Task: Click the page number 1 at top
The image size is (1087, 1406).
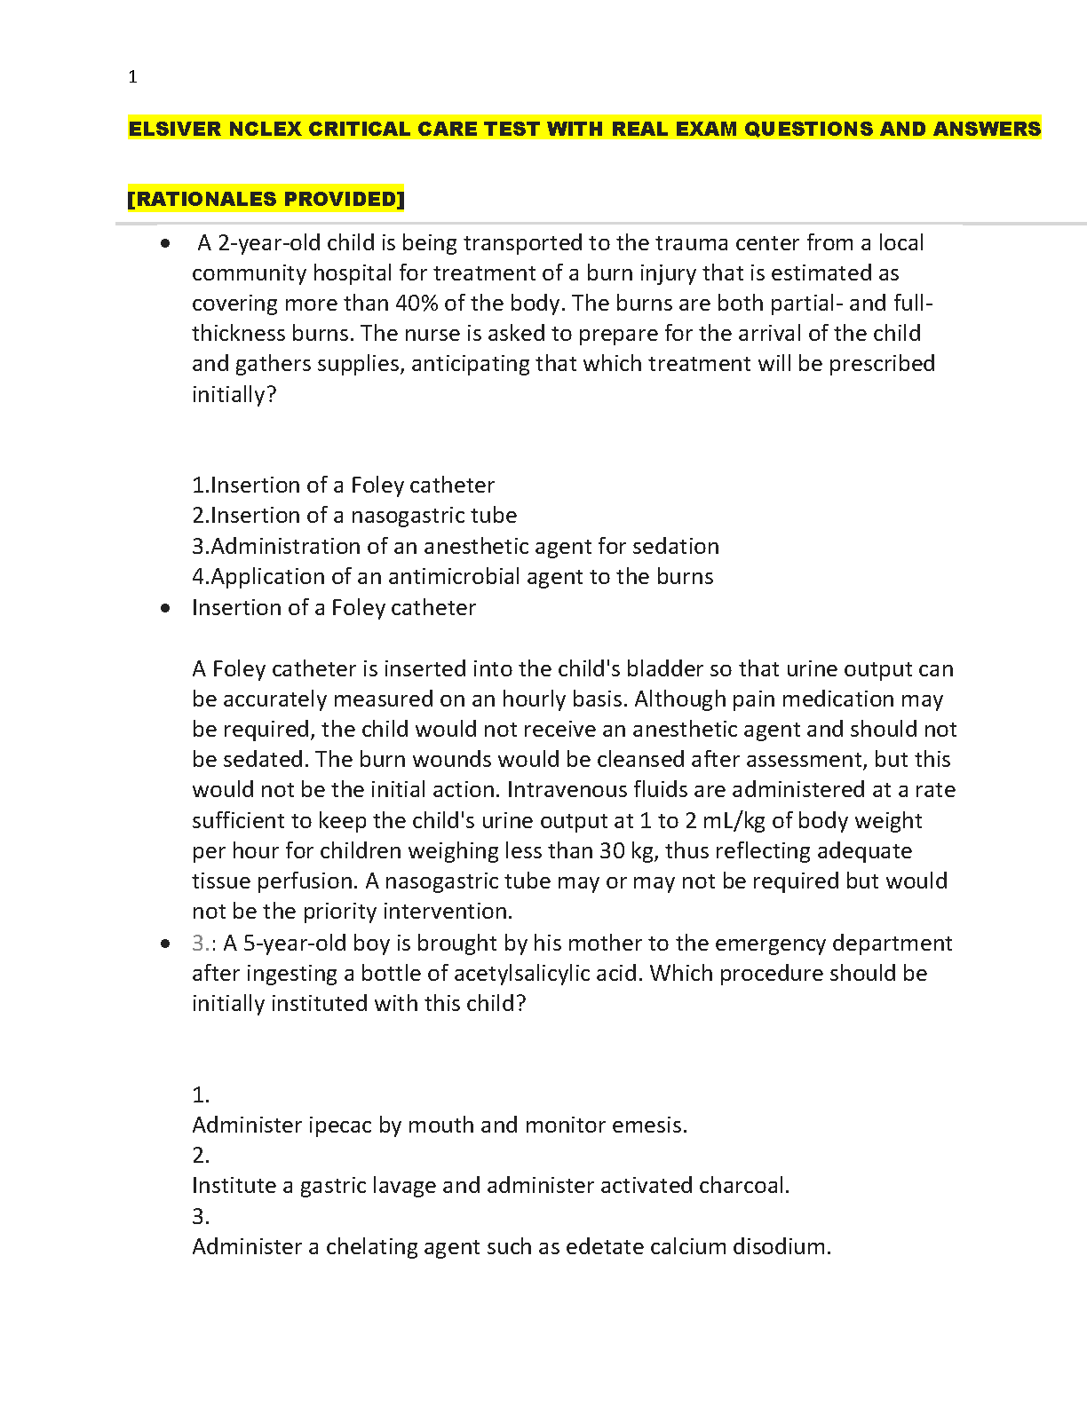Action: [132, 77]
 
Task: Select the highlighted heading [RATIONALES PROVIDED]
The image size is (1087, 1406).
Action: [266, 199]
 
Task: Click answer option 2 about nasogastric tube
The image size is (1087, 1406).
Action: [354, 516]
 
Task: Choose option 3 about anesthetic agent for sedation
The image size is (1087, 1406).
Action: [456, 547]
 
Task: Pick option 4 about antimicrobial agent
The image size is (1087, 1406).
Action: [453, 577]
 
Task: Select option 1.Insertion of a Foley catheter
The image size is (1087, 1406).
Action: [343, 486]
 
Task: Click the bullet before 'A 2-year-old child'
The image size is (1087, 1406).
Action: [165, 243]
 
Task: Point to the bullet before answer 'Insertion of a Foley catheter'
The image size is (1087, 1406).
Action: [165, 608]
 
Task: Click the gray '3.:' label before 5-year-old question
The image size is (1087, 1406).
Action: [204, 944]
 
